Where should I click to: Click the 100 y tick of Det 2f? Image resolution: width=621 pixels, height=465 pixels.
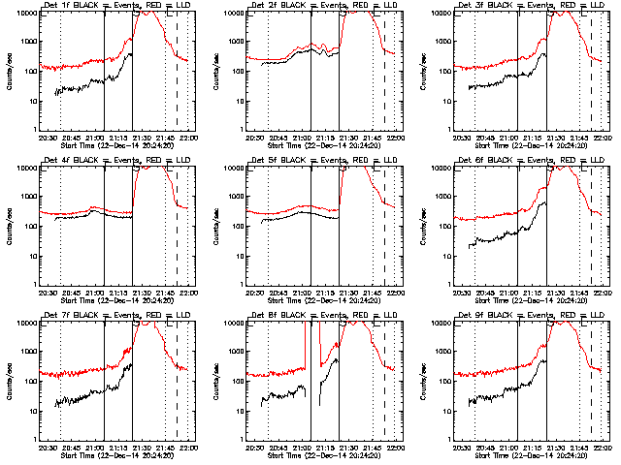click(x=239, y=72)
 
